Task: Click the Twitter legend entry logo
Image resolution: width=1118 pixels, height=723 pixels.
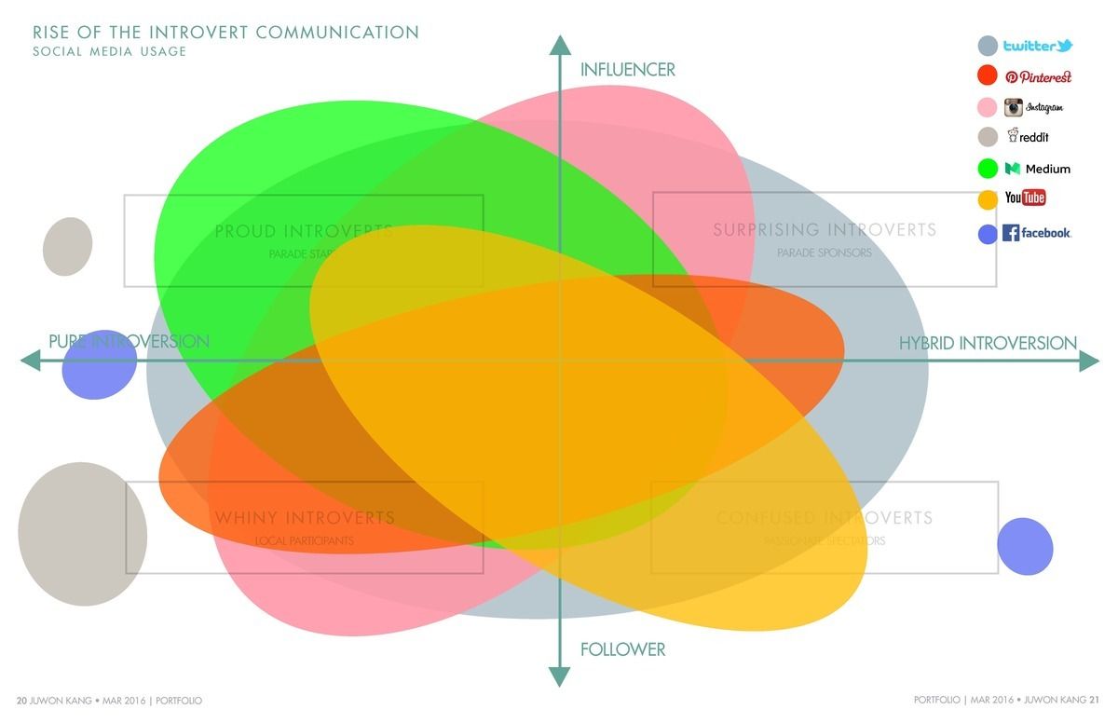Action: pyautogui.click(x=1038, y=46)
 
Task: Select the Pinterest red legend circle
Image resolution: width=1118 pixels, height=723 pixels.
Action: pyautogui.click(x=988, y=76)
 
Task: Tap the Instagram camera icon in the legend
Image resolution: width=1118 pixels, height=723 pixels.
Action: pyautogui.click(x=1014, y=107)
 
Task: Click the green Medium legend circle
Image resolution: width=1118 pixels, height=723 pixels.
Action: pyautogui.click(x=988, y=169)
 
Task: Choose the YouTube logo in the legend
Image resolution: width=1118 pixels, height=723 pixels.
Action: pyautogui.click(x=1025, y=198)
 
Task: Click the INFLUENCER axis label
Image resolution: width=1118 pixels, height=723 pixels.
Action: pyautogui.click(x=627, y=70)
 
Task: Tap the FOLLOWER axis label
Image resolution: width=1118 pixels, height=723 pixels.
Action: pyautogui.click(x=622, y=649)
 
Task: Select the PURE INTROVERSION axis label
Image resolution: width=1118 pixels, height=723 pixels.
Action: pyautogui.click(x=129, y=341)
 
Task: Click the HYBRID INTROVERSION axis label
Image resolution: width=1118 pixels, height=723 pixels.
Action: pyautogui.click(x=988, y=343)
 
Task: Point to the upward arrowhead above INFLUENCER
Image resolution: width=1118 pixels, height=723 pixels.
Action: pyautogui.click(x=559, y=45)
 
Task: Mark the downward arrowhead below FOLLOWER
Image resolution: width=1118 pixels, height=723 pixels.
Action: pyautogui.click(x=559, y=676)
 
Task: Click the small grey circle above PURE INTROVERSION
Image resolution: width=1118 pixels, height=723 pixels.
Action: pyautogui.click(x=68, y=246)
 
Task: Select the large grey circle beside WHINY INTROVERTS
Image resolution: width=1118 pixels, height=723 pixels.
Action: pyautogui.click(x=82, y=534)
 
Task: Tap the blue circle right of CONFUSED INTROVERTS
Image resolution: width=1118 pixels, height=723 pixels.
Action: pyautogui.click(x=1025, y=546)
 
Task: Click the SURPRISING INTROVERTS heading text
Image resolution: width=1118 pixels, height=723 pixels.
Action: pyautogui.click(x=825, y=229)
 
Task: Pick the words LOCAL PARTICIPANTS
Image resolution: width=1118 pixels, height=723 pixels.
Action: pyautogui.click(x=305, y=540)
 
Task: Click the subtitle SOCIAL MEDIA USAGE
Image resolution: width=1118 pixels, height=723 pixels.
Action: pyautogui.click(x=110, y=51)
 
